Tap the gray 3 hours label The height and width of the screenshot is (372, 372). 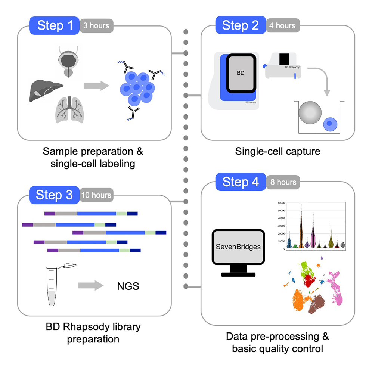point(96,26)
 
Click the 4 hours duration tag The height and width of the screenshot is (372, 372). point(282,26)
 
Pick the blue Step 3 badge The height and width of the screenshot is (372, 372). point(54,195)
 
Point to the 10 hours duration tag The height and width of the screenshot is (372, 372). point(96,195)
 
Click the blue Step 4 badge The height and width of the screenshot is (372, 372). point(240,182)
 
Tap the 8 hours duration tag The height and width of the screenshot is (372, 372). point(282,182)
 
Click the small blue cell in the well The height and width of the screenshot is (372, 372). point(330,123)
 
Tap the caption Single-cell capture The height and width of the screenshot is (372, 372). point(278,151)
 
